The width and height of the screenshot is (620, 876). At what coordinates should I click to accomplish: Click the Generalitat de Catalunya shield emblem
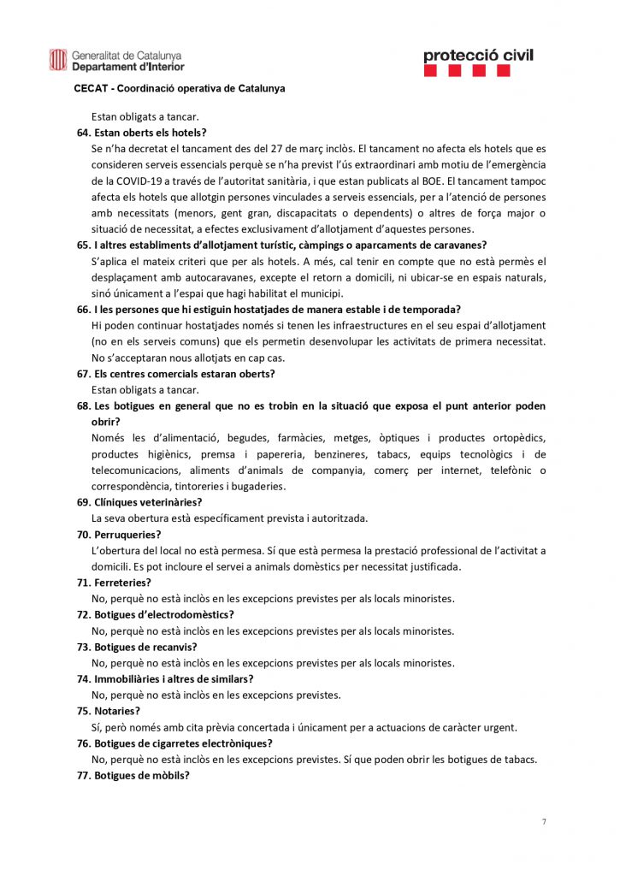tap(57, 60)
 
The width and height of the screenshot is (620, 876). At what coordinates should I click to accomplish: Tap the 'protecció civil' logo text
tap(478, 56)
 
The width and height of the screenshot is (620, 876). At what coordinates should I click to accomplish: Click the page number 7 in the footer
tap(544, 822)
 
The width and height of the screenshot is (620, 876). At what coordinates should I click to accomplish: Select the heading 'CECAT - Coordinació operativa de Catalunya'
tap(180, 88)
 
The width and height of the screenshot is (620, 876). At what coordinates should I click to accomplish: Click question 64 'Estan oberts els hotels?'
tap(150, 133)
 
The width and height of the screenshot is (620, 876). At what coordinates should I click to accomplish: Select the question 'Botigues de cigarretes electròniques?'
tap(183, 743)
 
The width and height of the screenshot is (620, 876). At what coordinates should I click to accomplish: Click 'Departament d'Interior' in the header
tap(127, 67)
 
